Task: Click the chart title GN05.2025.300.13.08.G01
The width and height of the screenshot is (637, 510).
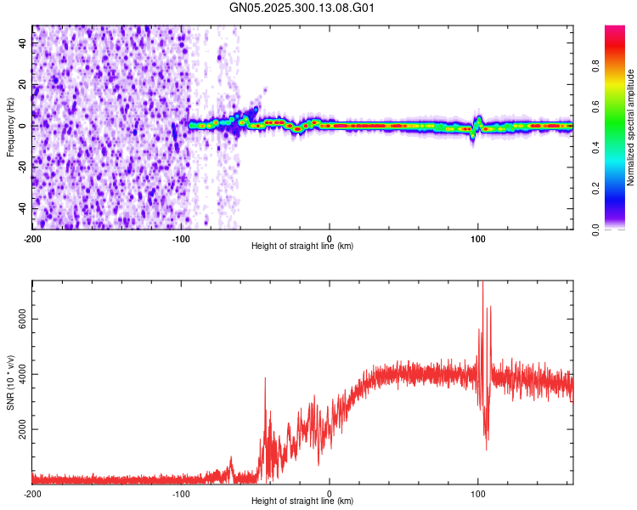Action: point(302,8)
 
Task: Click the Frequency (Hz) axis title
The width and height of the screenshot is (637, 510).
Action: point(10,127)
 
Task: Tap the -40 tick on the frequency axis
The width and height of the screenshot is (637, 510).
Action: point(21,209)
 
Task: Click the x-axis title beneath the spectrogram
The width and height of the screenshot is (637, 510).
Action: point(302,246)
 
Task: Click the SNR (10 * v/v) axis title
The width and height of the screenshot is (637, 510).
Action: point(10,382)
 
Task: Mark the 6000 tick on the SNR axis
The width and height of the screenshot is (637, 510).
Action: point(16,319)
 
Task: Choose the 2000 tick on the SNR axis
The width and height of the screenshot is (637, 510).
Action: point(16,430)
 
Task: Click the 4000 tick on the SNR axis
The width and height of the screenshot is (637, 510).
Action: point(16,375)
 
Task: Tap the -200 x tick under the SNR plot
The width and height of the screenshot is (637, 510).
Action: point(32,494)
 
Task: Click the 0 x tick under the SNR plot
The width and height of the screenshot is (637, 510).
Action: point(330,494)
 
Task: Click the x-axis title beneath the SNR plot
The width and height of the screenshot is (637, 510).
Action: point(302,501)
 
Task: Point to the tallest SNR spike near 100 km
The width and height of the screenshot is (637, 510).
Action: point(482,284)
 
